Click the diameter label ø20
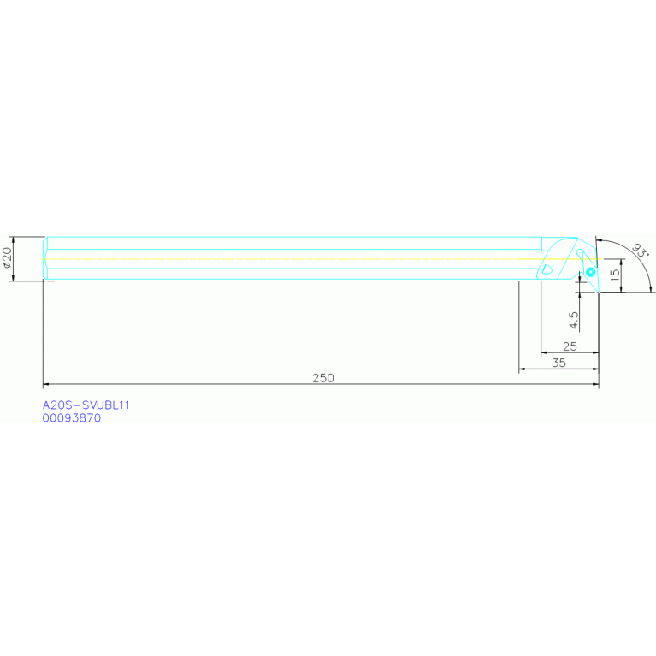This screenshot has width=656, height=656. (x=8, y=258)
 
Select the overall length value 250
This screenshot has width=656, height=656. (x=322, y=377)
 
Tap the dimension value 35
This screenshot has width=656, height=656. (x=558, y=363)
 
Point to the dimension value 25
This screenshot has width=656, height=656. (x=570, y=346)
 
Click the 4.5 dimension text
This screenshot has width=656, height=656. (x=574, y=320)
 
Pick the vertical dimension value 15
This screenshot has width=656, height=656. (x=614, y=276)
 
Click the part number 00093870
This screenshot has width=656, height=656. (x=72, y=418)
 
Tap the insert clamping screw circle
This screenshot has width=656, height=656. (x=590, y=272)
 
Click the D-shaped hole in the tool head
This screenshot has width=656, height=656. (x=547, y=269)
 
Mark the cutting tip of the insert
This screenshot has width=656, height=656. (x=598, y=292)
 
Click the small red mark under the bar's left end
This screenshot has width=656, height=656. (x=50, y=281)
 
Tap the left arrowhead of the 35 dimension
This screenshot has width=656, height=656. (x=523, y=369)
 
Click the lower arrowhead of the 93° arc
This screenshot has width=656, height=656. (x=650, y=288)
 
